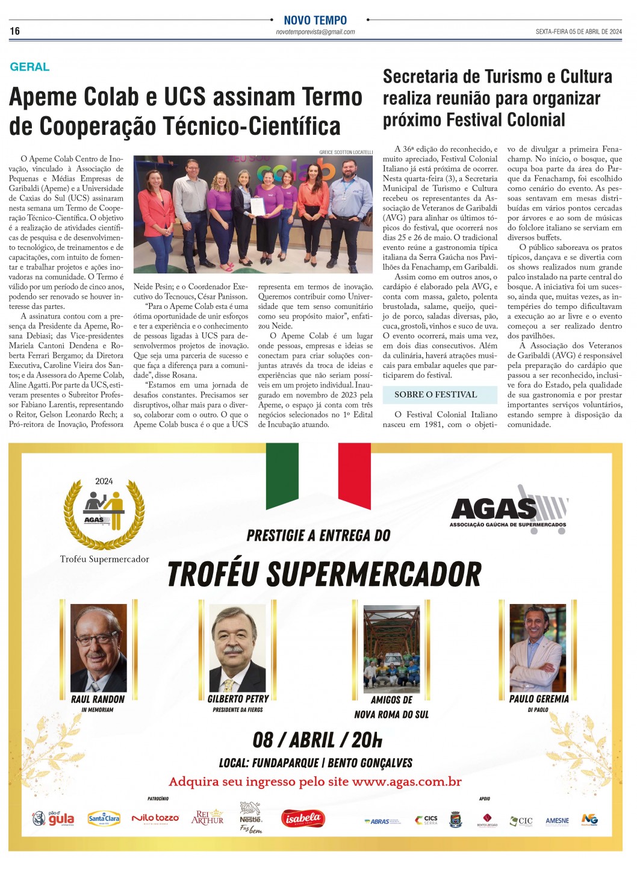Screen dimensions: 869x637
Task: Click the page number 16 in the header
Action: point(15,31)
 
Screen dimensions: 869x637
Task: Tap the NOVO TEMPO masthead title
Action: point(315,20)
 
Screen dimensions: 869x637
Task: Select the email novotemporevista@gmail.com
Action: point(315,32)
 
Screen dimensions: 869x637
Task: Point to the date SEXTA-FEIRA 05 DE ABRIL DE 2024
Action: point(578,32)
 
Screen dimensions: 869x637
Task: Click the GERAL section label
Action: point(30,67)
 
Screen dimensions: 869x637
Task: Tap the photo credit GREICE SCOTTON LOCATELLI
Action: point(346,152)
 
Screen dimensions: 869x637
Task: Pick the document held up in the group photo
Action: point(257,207)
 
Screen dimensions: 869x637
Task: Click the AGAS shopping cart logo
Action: point(509,507)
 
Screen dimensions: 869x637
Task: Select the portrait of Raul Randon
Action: point(98,648)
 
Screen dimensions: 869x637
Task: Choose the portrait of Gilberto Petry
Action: point(237,648)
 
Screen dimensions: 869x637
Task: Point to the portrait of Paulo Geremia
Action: point(538,648)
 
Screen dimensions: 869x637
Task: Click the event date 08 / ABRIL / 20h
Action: point(317,740)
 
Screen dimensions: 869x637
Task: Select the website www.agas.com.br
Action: point(406,782)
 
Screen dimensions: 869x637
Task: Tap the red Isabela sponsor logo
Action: point(303,818)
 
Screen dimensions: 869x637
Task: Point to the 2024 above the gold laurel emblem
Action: point(104,481)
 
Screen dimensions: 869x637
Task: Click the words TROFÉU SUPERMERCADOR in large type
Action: point(325,574)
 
